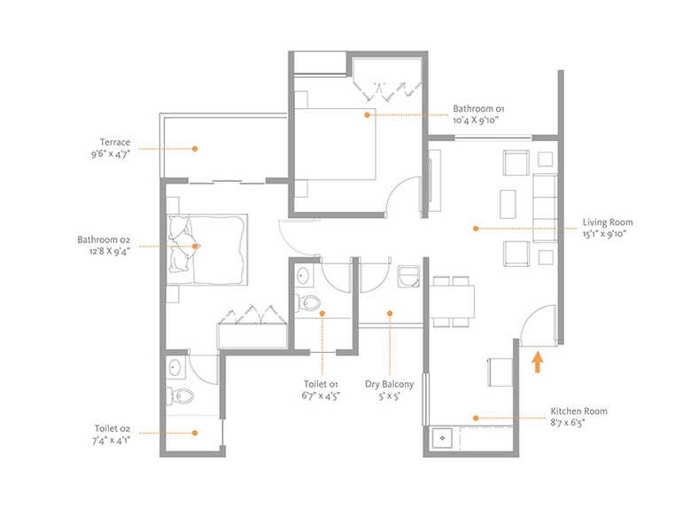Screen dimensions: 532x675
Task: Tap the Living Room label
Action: pos(607,223)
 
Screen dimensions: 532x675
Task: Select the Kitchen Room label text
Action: pos(579,411)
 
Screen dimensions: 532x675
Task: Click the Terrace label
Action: pos(115,142)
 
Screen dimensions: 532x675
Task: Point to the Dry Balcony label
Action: pos(389,385)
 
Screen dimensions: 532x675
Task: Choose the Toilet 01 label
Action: pos(322,385)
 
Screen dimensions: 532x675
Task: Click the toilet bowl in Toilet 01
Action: pos(307,302)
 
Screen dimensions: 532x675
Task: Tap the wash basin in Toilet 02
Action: pos(175,367)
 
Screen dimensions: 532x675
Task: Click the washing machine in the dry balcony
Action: pos(408,276)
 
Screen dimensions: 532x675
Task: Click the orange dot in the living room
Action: pos(476,228)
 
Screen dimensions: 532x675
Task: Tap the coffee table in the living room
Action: pos(508,204)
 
